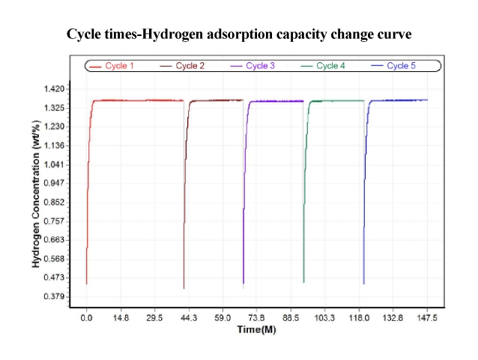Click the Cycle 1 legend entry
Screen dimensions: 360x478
[x=112, y=66]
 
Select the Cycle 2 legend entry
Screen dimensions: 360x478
[x=183, y=66]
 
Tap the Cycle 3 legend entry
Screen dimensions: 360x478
[x=253, y=66]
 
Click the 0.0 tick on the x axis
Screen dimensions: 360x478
[x=87, y=319]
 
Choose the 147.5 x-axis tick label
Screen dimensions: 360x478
[x=427, y=319]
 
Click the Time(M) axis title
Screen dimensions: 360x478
[x=257, y=329]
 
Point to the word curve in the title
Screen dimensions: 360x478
[x=393, y=34]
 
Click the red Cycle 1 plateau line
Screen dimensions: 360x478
[x=139, y=100]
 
